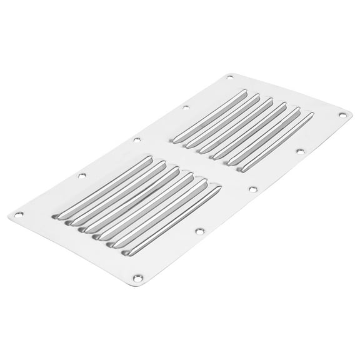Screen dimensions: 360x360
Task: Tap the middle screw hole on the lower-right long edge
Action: pos(253,188)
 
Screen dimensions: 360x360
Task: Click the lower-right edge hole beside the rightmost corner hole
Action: pos(300,151)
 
